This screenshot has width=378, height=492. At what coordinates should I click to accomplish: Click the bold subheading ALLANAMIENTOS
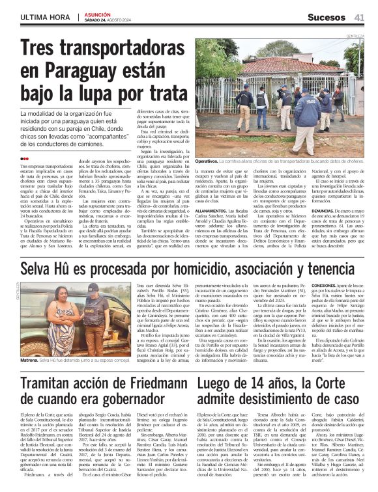(211, 211)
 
